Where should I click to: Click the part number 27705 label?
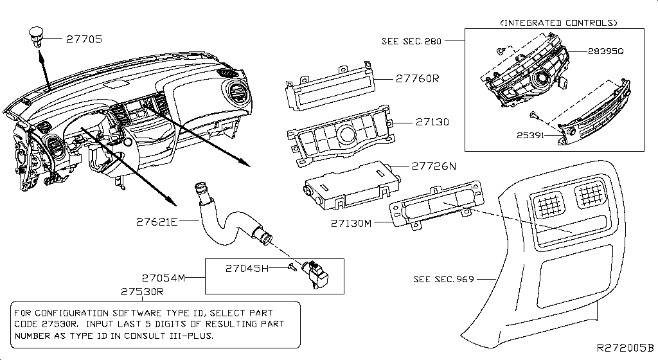click(84, 39)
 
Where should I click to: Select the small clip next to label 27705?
click(34, 35)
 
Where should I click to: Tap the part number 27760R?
click(416, 78)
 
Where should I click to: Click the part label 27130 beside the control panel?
click(432, 122)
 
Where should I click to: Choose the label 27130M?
click(351, 223)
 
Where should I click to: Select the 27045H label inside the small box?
click(246, 268)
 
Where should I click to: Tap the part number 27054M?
click(163, 278)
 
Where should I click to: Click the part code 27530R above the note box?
click(143, 291)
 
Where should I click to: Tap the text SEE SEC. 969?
click(443, 279)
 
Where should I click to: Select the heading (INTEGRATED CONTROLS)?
click(558, 22)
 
